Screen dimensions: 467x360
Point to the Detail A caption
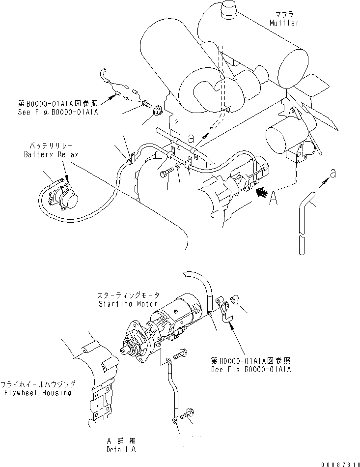click(121, 449)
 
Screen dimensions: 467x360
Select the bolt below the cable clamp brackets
click(166, 173)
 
